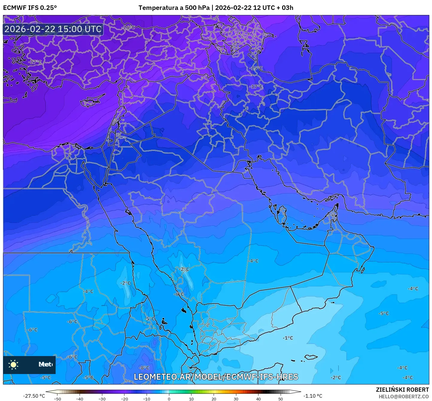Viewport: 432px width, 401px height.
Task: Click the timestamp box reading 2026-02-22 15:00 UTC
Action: coord(53,29)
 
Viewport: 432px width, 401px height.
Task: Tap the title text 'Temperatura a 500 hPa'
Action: coord(174,8)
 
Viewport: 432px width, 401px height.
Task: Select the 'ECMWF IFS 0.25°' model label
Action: coord(30,8)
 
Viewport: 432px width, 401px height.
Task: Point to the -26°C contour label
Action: coord(128,28)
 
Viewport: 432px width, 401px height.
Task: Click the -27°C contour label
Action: coord(36,62)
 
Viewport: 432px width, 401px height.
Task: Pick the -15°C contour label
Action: coord(256,68)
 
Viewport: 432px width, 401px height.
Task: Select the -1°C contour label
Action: coord(288,338)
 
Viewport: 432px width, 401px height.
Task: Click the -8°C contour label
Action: coord(144,368)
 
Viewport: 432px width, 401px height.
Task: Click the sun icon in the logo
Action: coord(13,364)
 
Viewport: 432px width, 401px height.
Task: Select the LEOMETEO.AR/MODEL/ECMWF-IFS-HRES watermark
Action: coord(216,377)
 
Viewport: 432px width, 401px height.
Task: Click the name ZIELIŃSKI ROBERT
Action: coord(402,390)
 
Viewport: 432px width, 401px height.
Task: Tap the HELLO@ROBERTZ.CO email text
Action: coord(403,396)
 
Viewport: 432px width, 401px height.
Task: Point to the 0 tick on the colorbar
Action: coord(169,399)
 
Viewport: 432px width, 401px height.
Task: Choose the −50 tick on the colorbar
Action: coord(57,399)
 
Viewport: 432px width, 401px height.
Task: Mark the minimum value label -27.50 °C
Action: coord(34,396)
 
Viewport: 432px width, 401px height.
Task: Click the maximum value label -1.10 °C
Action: coord(313,396)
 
